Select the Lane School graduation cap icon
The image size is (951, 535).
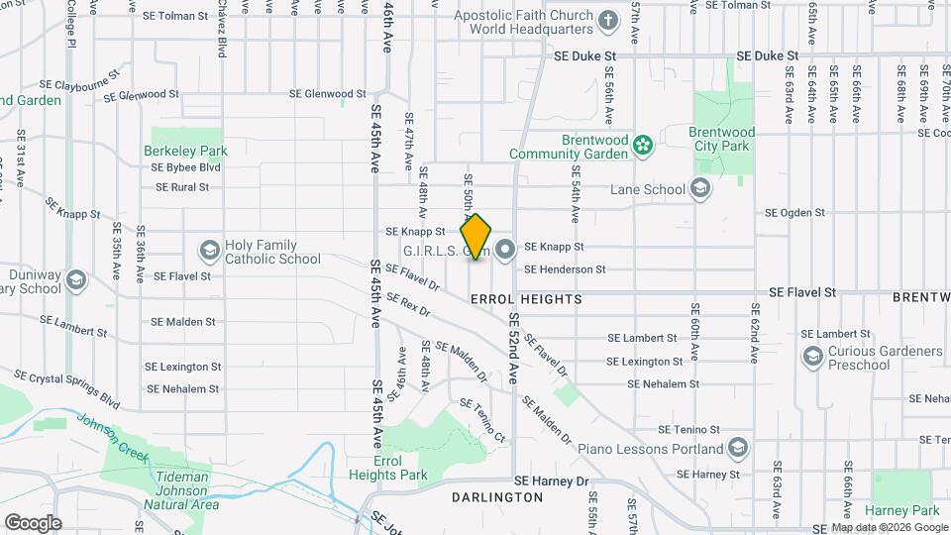coord(700,189)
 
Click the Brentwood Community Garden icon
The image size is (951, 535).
coord(643,146)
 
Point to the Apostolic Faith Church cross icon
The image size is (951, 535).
coord(608,19)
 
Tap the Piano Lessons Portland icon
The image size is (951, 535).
coord(737,449)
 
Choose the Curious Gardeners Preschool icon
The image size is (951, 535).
coord(813,357)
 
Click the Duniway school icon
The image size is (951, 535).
coord(76,281)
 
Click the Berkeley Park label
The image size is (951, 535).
coord(185,152)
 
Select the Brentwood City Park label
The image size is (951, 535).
coord(722,139)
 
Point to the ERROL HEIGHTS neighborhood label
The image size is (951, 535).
coord(525,298)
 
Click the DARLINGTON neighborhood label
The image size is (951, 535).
coord(497,496)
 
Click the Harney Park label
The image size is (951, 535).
coord(906,511)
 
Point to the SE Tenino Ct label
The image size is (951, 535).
coord(482,420)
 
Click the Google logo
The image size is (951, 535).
coord(33,522)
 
